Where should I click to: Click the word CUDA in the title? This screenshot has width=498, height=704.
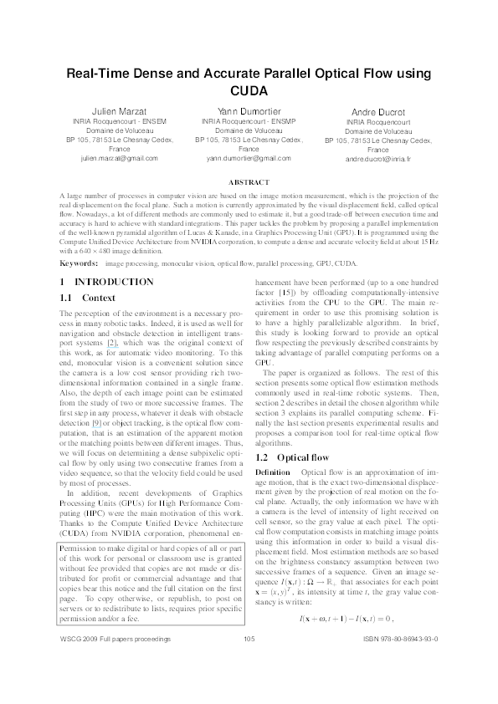coord(249,91)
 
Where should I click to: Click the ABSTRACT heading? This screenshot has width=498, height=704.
coord(249,182)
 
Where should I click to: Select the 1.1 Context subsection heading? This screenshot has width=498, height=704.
coord(87,274)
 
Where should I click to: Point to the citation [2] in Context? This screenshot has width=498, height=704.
coord(110,343)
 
